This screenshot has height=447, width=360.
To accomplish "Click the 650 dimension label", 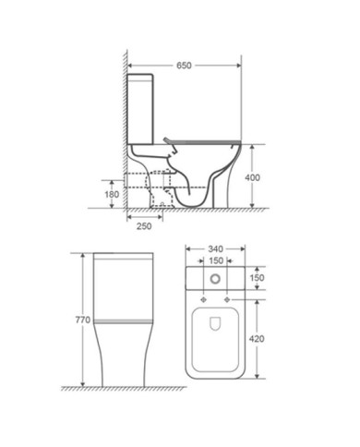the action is tap(184, 66).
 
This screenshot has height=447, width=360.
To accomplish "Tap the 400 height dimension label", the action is tap(252, 177).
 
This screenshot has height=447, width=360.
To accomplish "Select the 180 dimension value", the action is tap(112, 195).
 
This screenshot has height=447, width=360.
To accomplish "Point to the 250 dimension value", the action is tap(144, 226).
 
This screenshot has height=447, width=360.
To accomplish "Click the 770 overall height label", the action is tap(83, 320).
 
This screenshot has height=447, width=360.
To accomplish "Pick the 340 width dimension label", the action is tap(216, 248).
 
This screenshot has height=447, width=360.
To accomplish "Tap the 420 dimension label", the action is tap(257, 339).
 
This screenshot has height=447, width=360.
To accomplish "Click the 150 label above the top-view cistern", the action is tap(216, 260).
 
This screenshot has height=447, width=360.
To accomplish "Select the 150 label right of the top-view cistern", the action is tap(257, 278).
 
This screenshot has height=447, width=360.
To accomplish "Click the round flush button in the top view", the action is tap(215, 279).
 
